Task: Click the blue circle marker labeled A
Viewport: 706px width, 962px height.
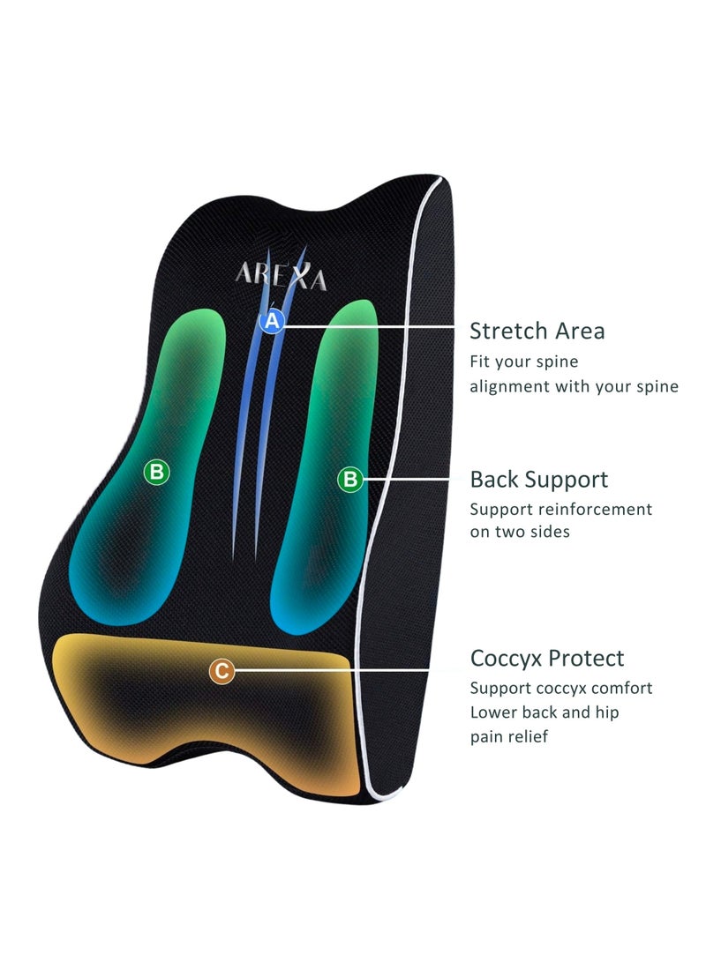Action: click(272, 322)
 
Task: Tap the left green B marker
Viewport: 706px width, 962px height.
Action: click(156, 473)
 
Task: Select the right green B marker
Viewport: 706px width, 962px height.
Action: click(350, 479)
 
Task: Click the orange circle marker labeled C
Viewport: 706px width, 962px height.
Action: click(222, 672)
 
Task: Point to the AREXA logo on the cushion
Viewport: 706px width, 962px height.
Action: click(281, 277)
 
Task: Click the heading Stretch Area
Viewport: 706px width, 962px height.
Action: click(537, 332)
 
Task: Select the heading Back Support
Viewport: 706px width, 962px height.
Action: click(538, 480)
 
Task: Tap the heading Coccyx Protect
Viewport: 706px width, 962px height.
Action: click(546, 659)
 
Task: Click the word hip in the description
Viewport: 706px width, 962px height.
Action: click(605, 712)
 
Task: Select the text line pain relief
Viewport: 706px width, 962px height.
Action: click(508, 736)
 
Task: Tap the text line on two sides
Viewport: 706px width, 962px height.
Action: click(519, 532)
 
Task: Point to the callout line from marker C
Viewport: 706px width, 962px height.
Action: click(344, 672)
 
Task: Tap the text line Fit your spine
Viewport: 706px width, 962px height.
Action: click(523, 362)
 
